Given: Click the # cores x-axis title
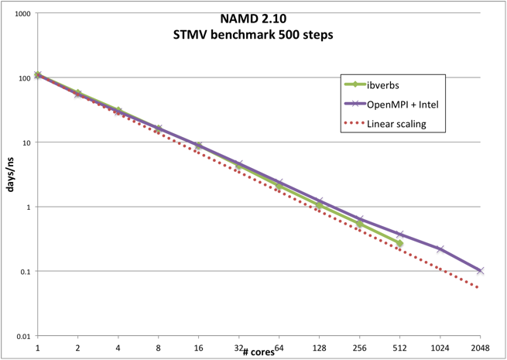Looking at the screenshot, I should pos(257,351).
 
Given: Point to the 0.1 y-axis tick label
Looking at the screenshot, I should pos(24,272).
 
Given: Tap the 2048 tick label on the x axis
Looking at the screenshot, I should pos(480,348).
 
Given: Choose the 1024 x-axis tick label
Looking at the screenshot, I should pos(440,348).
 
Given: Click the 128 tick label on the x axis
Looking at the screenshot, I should pos(320,348).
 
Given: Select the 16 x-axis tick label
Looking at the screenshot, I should pos(199,348).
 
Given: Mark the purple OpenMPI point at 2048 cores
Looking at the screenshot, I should pos(480,271).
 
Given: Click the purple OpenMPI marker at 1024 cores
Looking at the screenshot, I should pos(440,249).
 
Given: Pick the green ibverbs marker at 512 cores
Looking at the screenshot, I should pos(399,244).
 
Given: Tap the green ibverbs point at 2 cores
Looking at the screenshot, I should pos(78,93).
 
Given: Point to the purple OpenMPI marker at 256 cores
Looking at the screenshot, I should pos(359,219).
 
